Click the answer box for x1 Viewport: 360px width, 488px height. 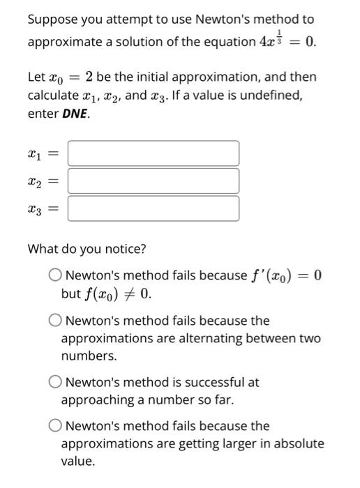click(153, 153)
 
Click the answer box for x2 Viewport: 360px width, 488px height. click(153, 181)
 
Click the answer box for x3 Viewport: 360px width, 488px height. click(153, 208)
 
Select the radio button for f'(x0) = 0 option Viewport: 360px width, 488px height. click(54, 275)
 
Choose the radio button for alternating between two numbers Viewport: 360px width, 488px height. click(54, 321)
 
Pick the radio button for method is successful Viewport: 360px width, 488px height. click(54, 382)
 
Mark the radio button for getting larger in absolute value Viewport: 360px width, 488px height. click(54, 425)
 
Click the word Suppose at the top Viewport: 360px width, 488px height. click(50, 20)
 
